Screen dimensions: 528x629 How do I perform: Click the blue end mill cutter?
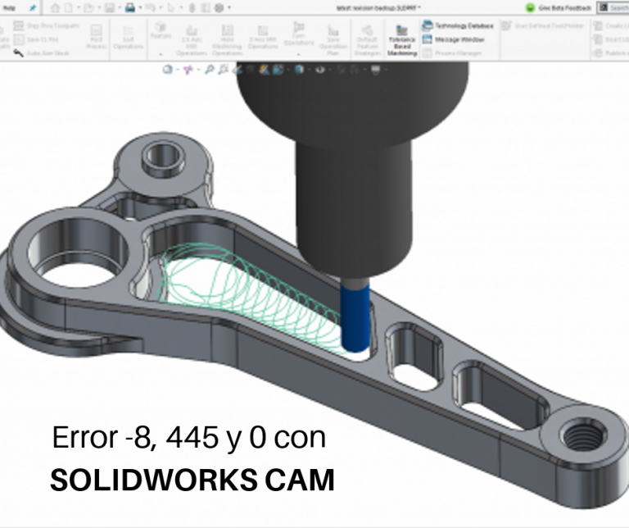point(354,320)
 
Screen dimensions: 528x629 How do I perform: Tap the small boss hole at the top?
point(161,154)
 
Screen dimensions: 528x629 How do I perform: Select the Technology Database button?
point(459,25)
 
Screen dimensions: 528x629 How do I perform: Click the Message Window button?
point(454,39)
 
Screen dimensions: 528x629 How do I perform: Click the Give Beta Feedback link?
point(565,7)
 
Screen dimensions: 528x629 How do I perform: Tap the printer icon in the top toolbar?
point(130,7)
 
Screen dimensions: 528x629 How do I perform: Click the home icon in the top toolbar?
point(56,7)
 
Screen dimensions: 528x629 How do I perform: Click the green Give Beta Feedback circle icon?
point(530,7)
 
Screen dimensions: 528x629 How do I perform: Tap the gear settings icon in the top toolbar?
point(219,7)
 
